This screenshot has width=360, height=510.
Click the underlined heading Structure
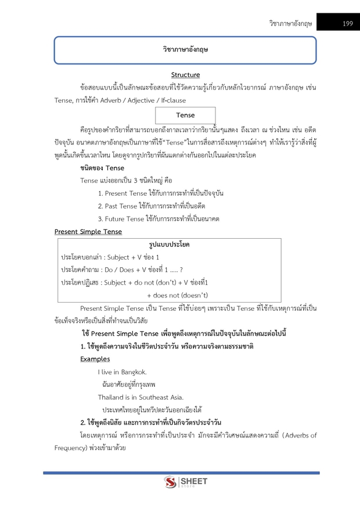pos(185,75)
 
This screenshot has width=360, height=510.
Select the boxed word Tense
pos(186,115)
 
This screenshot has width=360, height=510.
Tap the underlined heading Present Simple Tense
pos(88,232)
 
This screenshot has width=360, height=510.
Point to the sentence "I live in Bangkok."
pos(122,372)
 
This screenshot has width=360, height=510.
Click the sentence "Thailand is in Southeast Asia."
pos(141,397)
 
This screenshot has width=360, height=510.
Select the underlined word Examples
pos(95,359)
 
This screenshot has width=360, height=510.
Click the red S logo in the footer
pos(170,483)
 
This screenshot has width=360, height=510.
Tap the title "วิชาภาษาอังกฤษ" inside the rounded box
pos(185,50)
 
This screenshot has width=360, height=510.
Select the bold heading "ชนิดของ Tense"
pos(102,168)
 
